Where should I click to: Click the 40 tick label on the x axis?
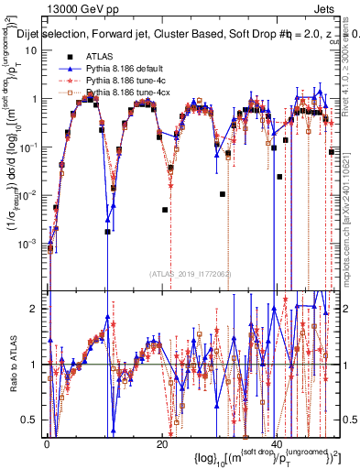[278, 442]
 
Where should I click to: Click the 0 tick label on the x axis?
[47, 442]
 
